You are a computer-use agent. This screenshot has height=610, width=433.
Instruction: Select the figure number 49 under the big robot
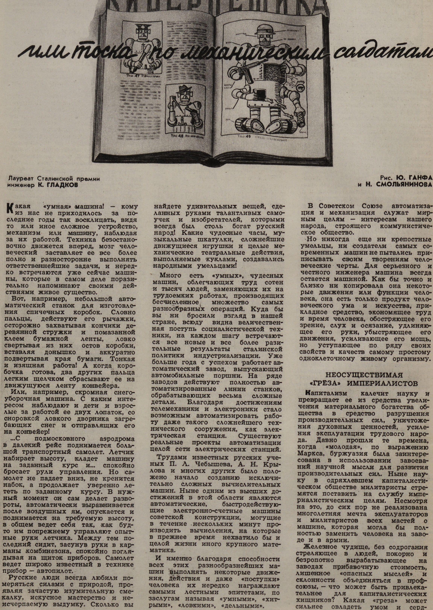tap(248, 137)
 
